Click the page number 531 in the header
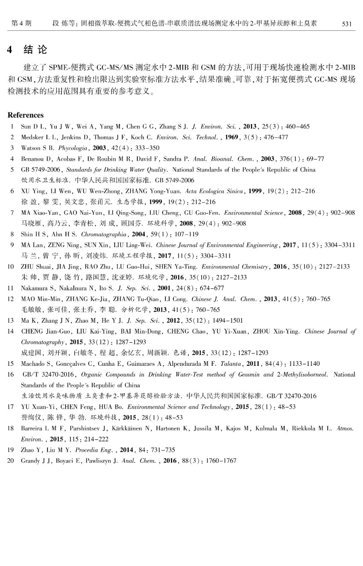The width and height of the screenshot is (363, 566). click(347, 24)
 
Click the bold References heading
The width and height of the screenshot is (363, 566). click(26, 115)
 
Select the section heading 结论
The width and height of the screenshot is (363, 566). click(35, 50)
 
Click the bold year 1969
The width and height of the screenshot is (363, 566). click(232, 137)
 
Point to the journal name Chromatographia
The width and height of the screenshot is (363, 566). click(104, 234)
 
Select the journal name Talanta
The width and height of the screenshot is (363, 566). click(231, 364)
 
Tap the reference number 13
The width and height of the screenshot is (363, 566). click(11, 321)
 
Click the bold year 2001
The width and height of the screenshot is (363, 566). click(164, 288)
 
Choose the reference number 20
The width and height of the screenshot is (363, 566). click(11, 461)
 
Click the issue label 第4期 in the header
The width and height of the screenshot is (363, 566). click(21, 23)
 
